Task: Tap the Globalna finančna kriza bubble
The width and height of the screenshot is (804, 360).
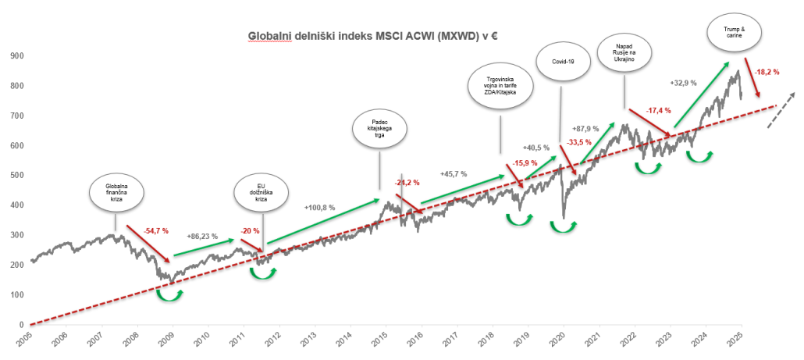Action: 115,194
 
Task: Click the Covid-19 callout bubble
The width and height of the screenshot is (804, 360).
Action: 562,61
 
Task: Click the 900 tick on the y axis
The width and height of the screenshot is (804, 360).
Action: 14,56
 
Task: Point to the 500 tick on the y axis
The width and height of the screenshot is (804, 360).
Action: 14,176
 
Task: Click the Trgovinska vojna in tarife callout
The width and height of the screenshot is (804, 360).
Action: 499,88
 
